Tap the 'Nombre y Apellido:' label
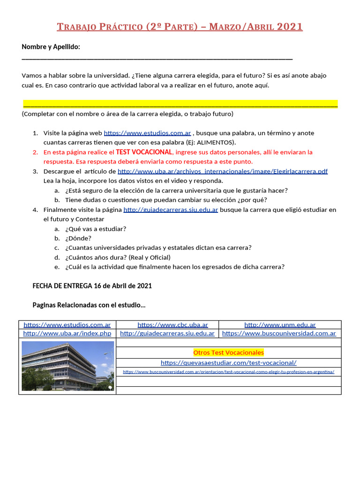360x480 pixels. point(51,47)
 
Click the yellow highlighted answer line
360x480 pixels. point(180,104)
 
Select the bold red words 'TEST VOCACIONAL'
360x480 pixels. point(144,152)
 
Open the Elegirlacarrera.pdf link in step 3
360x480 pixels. point(222,172)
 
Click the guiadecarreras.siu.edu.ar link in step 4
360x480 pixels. point(171,210)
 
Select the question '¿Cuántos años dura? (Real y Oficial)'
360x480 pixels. point(118,257)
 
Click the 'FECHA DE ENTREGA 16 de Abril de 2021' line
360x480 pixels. point(92,285)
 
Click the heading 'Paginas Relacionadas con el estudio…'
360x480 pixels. point(89,305)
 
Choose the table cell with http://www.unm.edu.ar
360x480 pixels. point(280,324)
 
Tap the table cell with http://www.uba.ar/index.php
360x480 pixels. point(67,333)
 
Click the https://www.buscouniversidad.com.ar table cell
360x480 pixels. point(279,333)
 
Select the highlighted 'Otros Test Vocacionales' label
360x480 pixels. point(228,352)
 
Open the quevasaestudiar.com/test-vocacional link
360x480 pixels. point(228,362)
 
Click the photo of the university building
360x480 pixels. point(67,366)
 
